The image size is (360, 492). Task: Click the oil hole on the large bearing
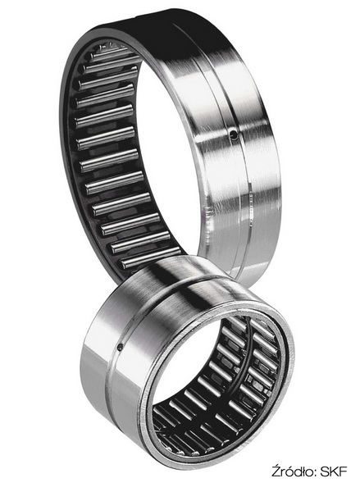coord(233,135)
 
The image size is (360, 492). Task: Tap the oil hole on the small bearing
coord(120,347)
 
